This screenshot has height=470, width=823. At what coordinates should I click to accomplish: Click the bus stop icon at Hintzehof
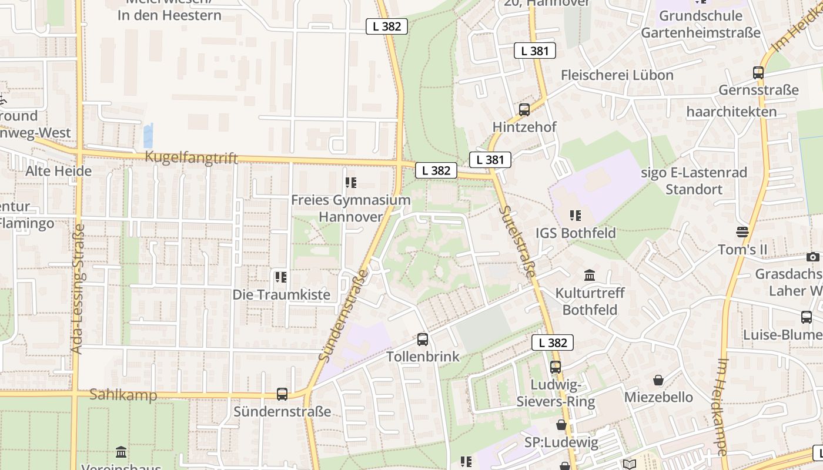(x=524, y=109)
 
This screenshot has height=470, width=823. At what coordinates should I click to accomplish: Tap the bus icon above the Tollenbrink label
(x=423, y=339)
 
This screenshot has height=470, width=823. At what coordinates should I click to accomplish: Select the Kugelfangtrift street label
(x=191, y=157)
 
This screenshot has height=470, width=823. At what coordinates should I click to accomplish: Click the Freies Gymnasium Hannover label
(x=351, y=208)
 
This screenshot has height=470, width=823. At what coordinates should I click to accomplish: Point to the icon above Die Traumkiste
(x=281, y=277)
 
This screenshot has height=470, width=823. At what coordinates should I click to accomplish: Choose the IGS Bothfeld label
(x=576, y=233)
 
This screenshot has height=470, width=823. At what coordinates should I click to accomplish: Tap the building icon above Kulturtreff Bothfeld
(x=590, y=275)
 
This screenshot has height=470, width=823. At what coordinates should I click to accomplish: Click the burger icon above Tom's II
(x=742, y=232)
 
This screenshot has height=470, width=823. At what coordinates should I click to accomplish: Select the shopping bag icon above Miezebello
(x=658, y=380)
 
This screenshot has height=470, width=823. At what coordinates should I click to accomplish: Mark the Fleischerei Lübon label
(x=617, y=75)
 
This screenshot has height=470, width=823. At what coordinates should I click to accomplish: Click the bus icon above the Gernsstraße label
(x=758, y=73)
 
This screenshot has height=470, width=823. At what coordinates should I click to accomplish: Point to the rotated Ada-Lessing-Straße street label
(x=77, y=288)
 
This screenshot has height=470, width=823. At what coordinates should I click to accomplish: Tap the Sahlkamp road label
(x=123, y=395)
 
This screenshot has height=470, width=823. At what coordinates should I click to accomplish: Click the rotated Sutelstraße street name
(x=518, y=241)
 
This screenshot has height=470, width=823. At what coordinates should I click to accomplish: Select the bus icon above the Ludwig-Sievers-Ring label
(x=556, y=367)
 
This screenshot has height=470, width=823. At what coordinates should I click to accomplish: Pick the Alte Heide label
(x=58, y=171)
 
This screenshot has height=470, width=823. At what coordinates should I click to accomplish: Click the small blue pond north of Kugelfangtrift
(x=148, y=136)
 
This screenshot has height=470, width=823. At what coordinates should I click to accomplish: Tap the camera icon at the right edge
(x=813, y=257)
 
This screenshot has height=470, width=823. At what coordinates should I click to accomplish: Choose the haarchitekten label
(x=731, y=112)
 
